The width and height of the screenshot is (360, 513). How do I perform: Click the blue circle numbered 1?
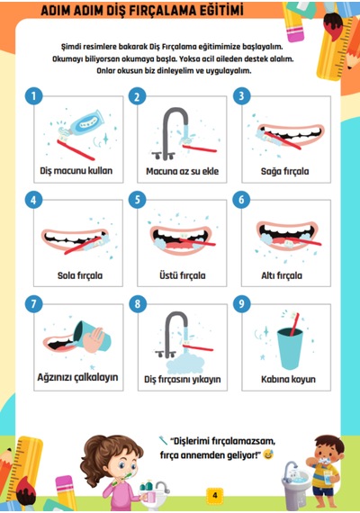[x=33, y=96]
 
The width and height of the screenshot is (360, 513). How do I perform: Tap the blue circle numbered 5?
[x=138, y=200]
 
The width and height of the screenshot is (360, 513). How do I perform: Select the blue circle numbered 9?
[x=242, y=304]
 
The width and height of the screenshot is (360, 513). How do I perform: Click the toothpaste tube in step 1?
[x=84, y=122]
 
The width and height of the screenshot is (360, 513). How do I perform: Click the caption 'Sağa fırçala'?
[x=284, y=171]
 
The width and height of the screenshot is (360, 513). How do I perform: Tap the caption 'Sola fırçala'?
[x=80, y=275]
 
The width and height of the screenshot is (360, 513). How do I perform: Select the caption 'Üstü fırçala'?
[x=183, y=275]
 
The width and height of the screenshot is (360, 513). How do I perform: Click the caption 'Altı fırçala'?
[x=282, y=275]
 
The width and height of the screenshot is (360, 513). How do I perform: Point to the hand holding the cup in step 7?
[x=94, y=340]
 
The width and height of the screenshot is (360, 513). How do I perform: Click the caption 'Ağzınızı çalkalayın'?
[x=77, y=377]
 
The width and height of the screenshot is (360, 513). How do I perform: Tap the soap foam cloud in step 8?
[x=184, y=364]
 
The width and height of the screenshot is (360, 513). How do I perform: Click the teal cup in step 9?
[x=290, y=349]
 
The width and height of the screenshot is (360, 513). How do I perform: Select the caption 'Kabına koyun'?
[x=288, y=379]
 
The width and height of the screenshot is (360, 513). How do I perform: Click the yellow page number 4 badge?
[x=215, y=495]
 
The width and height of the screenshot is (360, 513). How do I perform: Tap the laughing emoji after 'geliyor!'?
[x=268, y=454]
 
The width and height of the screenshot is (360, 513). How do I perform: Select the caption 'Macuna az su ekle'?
[x=183, y=171]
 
